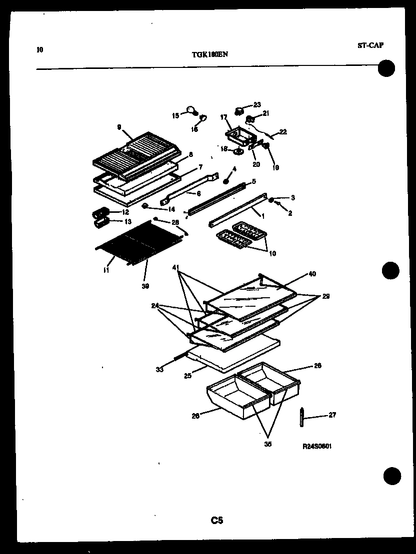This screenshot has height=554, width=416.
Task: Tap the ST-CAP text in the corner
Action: (370, 45)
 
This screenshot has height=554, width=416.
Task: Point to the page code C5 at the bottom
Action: (216, 521)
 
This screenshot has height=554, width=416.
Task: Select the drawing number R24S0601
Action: (317, 447)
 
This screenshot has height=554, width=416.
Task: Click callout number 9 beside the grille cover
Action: (119, 127)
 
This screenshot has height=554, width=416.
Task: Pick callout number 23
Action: (257, 104)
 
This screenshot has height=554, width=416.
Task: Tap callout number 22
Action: (283, 132)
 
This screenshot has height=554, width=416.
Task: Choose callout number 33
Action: (159, 370)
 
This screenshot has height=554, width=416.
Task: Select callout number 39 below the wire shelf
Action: (145, 286)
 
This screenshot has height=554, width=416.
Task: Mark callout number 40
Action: (312, 274)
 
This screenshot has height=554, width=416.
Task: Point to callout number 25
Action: (187, 376)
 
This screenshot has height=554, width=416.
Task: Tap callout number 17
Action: (223, 117)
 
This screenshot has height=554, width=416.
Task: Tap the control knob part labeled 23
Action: (240, 110)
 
